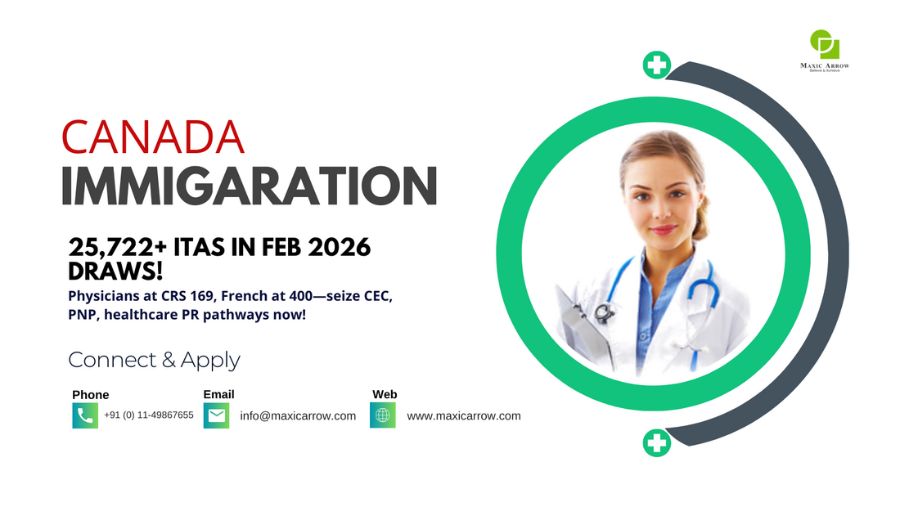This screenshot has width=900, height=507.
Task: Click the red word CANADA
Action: point(153,137)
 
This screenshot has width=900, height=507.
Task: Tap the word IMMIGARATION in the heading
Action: point(249,186)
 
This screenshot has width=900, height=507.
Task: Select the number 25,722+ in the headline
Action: point(118,248)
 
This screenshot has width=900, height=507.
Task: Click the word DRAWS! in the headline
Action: point(115,271)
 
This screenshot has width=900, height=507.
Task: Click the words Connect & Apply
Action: point(154,360)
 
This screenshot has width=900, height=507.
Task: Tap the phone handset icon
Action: point(85,415)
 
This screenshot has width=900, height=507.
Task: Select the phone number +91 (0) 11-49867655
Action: point(149,415)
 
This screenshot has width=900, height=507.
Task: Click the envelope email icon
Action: point(216,415)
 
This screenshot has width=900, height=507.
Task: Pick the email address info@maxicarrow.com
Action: point(298,415)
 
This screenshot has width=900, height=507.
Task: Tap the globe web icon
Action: point(383,415)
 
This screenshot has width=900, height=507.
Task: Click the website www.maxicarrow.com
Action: point(464,415)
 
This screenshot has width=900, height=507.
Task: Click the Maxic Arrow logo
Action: point(825,51)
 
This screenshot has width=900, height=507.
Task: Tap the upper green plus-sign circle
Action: point(657,65)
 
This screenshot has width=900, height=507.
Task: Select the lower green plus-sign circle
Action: point(657,442)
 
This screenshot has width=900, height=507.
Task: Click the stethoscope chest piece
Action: point(603,312)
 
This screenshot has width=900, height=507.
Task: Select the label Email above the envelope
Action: point(218,394)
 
